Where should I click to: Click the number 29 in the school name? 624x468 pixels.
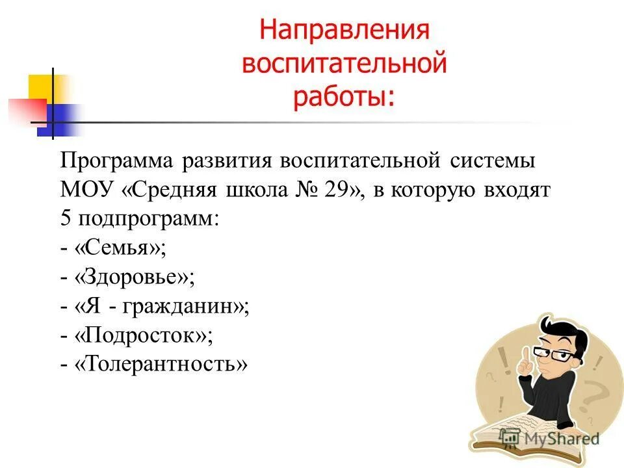pos(337,190)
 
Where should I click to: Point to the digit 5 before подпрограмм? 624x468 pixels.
pos(65,218)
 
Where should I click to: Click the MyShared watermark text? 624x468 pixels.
pos(566,438)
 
